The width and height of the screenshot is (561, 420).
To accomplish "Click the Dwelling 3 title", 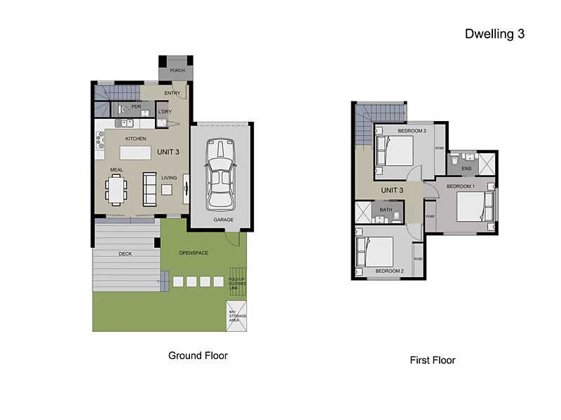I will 494,34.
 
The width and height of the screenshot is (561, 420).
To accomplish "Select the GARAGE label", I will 224,220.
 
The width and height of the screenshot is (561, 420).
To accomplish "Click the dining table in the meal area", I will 116,188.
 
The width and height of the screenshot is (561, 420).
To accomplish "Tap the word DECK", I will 126,253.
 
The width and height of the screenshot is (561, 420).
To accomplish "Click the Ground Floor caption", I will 198,356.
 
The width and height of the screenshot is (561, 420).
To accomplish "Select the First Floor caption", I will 433,360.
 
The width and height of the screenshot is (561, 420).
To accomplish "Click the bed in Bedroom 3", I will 394,150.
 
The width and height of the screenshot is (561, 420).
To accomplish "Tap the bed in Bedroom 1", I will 473,206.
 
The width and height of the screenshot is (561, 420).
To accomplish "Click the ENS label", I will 466,169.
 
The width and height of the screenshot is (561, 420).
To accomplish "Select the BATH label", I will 386,209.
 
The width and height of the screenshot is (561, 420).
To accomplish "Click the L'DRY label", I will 165,112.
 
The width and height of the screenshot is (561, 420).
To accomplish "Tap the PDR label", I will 137,107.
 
